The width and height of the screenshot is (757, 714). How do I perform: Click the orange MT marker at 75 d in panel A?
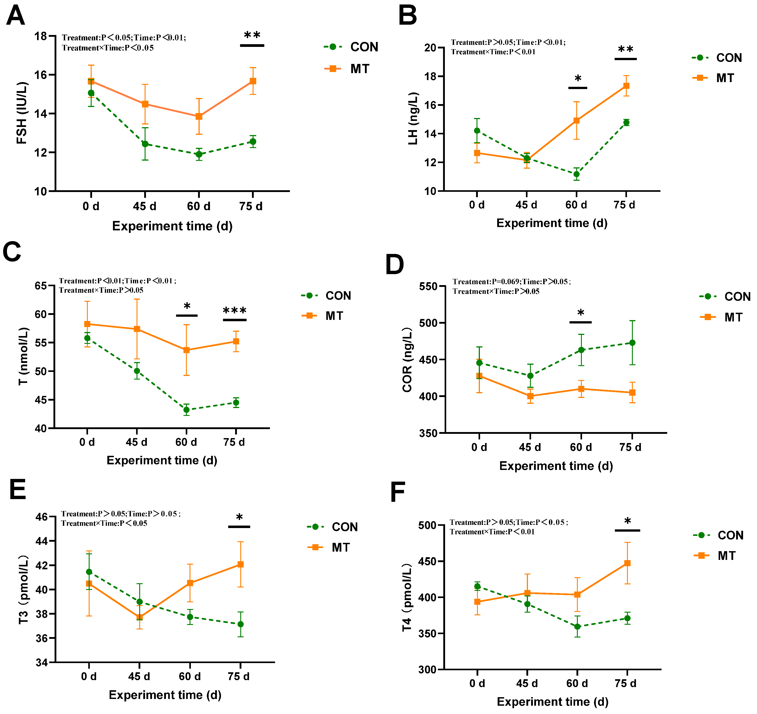click(253, 81)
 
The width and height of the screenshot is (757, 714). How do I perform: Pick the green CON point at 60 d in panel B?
click(576, 174)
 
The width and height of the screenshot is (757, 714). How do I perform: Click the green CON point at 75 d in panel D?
click(632, 343)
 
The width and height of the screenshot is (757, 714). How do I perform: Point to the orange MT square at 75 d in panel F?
click(627, 563)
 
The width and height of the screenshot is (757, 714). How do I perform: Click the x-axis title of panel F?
click(552, 701)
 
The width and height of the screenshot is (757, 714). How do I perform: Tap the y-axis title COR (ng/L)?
click(407, 359)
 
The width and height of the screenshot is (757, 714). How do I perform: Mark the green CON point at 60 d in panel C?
click(186, 410)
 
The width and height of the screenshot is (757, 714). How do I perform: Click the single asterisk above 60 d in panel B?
click(578, 79)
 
